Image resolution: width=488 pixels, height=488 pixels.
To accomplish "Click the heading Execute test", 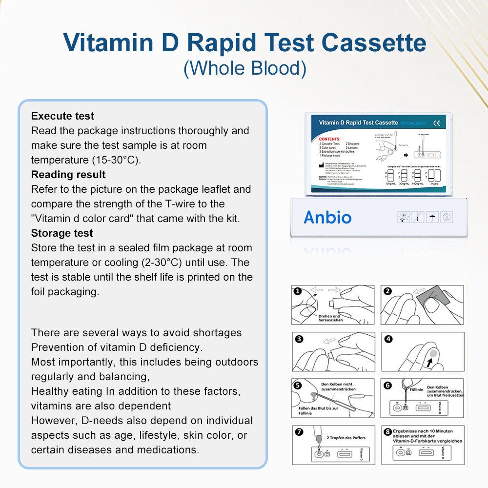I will click(62, 116).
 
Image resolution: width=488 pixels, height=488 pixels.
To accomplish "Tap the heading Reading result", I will click(68, 175).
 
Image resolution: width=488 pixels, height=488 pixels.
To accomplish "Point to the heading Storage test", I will click(62, 233).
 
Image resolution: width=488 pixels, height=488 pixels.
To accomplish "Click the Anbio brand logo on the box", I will click(327, 217).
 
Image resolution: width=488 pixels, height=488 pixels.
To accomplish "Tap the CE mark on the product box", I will click(436, 123).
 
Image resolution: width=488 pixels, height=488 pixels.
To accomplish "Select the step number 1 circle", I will click(297, 291).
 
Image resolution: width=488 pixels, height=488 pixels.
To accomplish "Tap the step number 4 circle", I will click(388, 338).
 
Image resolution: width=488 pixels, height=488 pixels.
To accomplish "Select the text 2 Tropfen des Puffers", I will click(346, 438).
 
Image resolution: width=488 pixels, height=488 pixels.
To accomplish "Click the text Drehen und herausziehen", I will click(329, 318).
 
